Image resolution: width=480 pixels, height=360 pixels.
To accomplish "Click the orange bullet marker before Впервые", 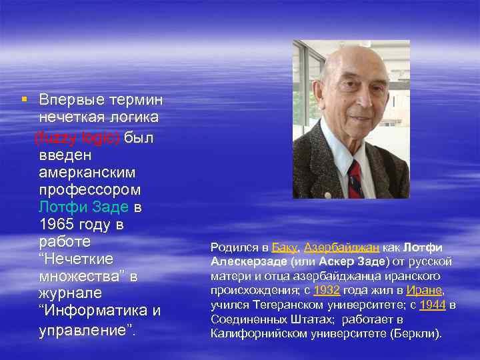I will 24,99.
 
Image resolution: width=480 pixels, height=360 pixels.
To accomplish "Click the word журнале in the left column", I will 70,293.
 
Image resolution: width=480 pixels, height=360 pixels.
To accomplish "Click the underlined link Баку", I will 284,247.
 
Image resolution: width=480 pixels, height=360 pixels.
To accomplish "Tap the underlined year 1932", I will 327,290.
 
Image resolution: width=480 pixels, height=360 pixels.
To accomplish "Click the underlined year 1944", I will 433,305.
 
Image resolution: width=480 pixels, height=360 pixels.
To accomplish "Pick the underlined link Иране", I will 427,290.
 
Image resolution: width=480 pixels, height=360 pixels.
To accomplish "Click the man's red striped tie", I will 355,179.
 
